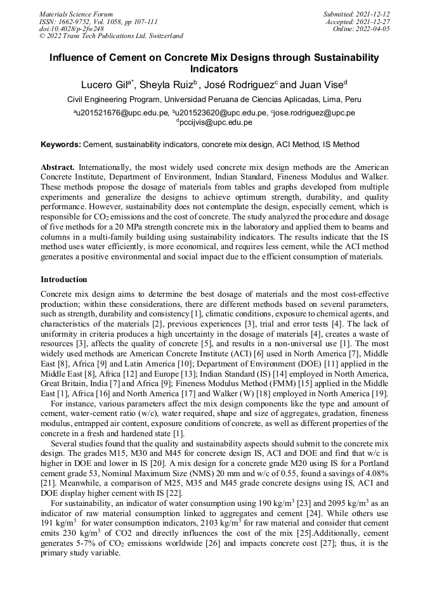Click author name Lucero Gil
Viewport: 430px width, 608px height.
point(105,85)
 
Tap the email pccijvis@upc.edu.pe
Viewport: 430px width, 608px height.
point(215,122)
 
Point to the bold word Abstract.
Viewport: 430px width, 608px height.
point(58,166)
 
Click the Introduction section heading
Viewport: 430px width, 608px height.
point(64,280)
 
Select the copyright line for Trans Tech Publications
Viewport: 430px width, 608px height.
point(111,36)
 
